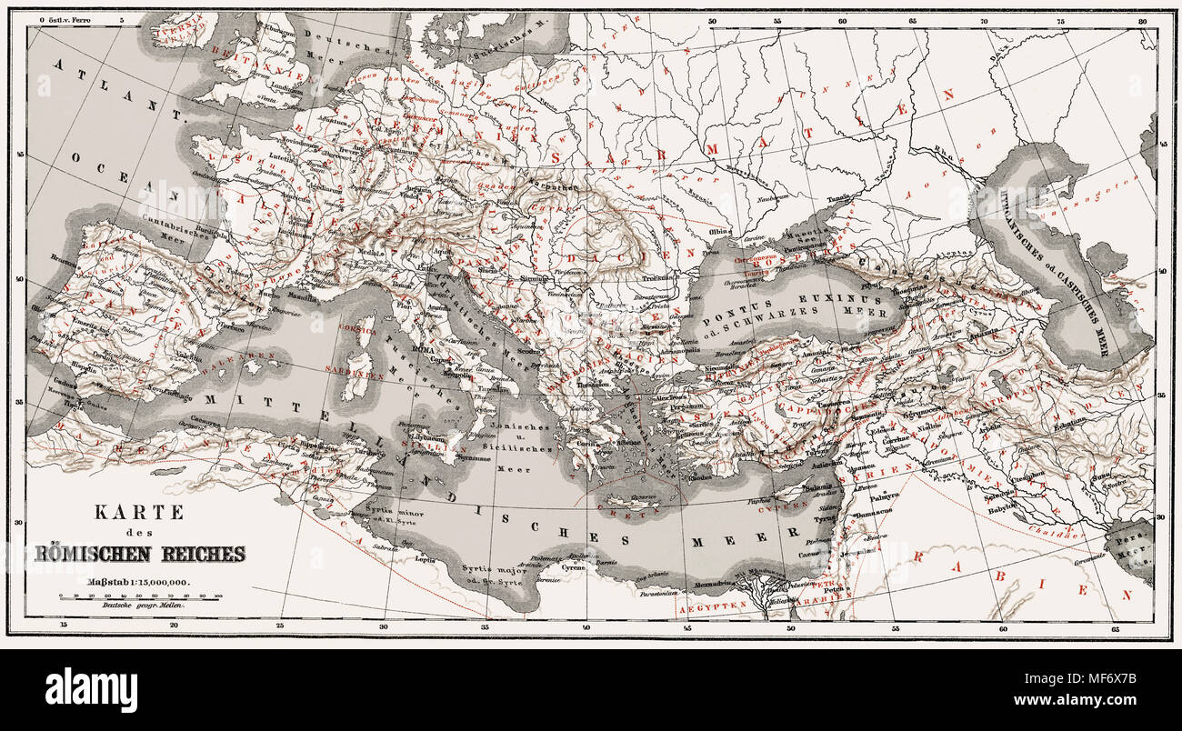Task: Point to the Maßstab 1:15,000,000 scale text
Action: click(x=139, y=582)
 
